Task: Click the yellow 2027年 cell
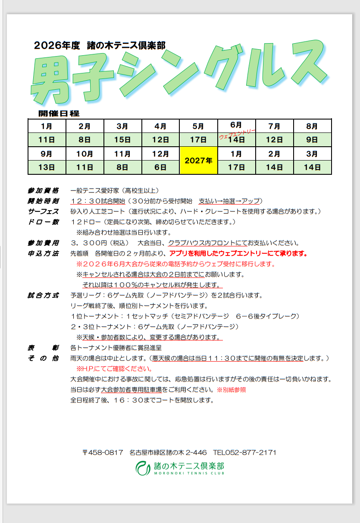tap(198, 161)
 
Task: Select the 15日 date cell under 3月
tap(122, 140)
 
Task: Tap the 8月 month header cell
tap(312, 126)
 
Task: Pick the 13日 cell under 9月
tap(47, 167)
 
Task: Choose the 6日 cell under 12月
tap(160, 167)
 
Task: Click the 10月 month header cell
tap(85, 154)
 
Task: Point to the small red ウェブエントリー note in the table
tap(237, 133)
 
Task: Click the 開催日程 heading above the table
tap(59, 113)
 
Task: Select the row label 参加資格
tap(43, 190)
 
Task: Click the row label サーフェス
tap(43, 211)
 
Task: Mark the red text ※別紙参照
tap(231, 390)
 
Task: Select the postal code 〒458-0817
tap(103, 453)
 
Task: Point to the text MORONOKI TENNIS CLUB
tap(189, 473)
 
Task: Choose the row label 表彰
tap(43, 348)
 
